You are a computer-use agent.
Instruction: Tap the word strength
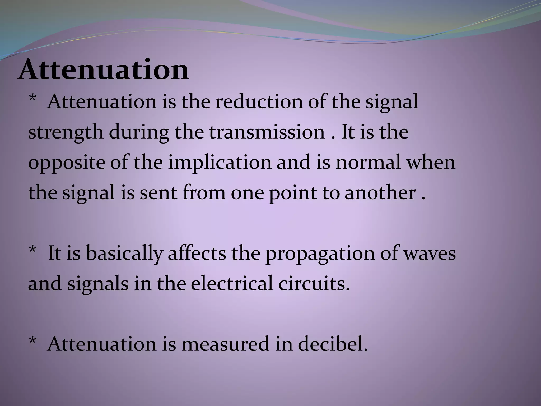tap(66, 132)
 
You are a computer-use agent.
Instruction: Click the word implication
tap(220, 163)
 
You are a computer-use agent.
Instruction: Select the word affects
tap(197, 253)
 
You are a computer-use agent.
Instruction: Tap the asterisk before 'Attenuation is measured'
tap(32, 341)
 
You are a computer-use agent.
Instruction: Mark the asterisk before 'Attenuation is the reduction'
tap(32, 99)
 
